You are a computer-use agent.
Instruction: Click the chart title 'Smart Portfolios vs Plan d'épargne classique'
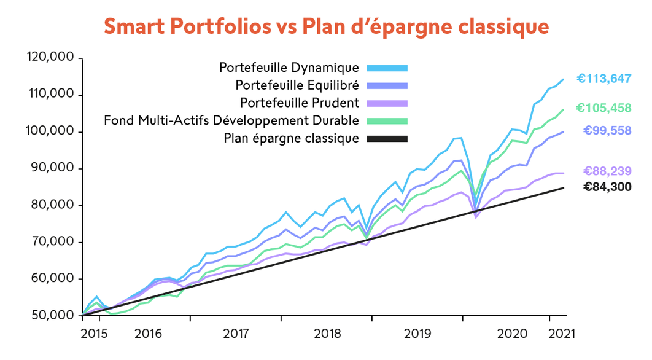tap(325, 27)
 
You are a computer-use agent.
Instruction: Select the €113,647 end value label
tap(604, 79)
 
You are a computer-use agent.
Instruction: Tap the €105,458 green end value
tap(603, 108)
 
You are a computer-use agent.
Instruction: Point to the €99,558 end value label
tap(607, 130)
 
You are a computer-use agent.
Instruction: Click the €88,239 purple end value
tap(607, 171)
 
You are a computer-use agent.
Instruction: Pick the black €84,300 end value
tap(607, 187)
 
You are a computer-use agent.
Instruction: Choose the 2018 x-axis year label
tap(327, 334)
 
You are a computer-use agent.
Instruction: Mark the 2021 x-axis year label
tap(561, 334)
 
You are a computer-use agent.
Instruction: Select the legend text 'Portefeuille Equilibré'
tap(297, 85)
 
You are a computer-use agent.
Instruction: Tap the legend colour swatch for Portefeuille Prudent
tap(387, 103)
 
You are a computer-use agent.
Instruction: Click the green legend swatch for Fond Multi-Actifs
tap(387, 120)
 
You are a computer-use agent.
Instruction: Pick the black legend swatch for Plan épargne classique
tap(387, 139)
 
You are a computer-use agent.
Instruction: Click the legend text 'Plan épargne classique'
tap(292, 138)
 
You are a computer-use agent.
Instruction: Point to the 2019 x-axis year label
tap(418, 334)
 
